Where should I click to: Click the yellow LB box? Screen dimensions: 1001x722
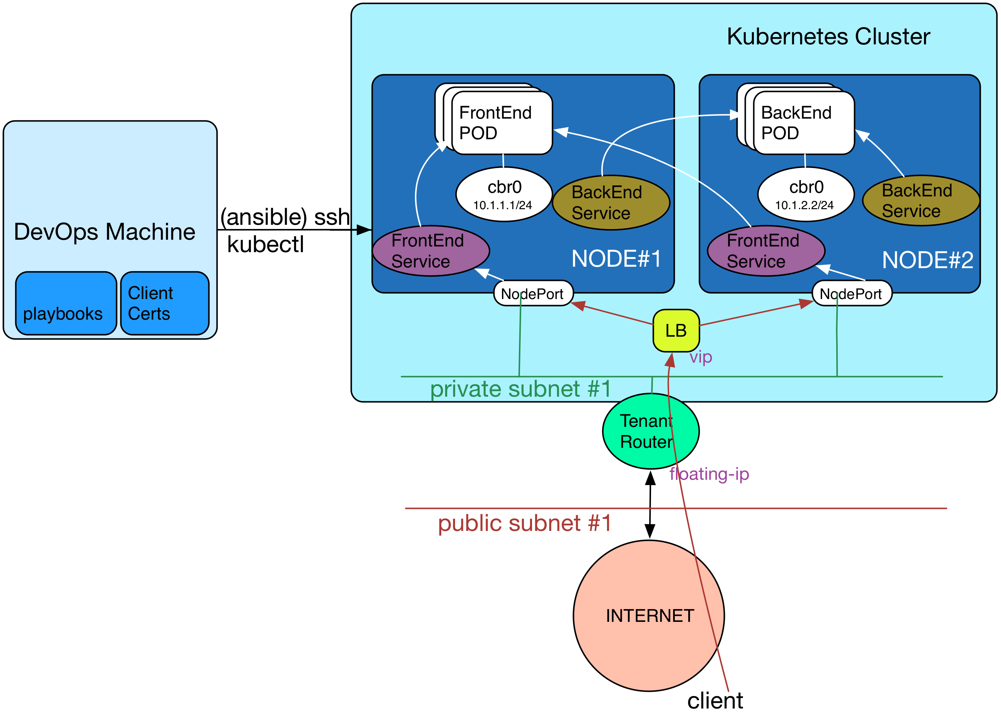[x=676, y=330]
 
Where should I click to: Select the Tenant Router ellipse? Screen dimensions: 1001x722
[x=651, y=431]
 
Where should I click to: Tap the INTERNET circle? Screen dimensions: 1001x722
[x=649, y=615]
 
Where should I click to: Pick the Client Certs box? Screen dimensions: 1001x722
[x=165, y=303]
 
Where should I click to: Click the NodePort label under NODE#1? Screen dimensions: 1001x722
[x=533, y=293]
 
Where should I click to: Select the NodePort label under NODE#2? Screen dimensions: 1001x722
[x=852, y=293]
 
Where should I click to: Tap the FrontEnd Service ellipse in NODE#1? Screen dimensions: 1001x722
[x=431, y=251]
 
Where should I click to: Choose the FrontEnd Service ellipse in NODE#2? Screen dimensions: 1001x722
[x=766, y=251]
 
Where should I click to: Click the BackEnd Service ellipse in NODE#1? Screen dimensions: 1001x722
[x=611, y=203]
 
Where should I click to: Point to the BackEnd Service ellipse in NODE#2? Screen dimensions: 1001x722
[x=921, y=201]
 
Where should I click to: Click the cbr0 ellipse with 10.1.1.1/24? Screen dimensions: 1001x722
[x=504, y=194]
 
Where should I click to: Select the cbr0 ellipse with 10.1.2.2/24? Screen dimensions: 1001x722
[x=806, y=194]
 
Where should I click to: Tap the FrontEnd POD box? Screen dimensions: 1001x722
[x=502, y=123]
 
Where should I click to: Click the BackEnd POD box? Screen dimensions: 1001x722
[x=804, y=123]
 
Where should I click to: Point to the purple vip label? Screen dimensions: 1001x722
[x=701, y=357]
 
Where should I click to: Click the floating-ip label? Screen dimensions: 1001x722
[x=709, y=474]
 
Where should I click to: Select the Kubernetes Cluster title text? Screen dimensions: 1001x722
[x=828, y=37]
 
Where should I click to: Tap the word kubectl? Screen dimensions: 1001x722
[x=266, y=244]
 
